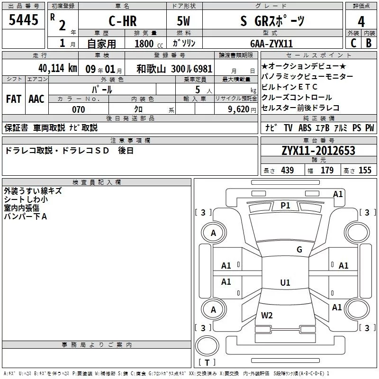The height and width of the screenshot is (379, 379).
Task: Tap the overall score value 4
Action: click(361, 21)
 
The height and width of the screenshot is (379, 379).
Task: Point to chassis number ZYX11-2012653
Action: click(318, 151)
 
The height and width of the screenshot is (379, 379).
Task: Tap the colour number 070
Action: click(78, 109)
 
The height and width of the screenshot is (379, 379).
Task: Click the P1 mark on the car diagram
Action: click(285, 205)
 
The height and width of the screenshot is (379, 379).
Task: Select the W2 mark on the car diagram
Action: click(267, 315)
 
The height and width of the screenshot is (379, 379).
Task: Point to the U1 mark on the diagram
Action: click(285, 282)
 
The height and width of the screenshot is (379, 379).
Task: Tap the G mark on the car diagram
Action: click(299, 250)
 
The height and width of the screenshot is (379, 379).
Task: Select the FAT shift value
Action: click(14, 99)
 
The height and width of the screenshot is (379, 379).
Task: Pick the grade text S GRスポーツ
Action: click(272, 21)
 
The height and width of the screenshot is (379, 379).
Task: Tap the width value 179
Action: click(327, 170)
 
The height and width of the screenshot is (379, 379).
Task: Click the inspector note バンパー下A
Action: click(26, 216)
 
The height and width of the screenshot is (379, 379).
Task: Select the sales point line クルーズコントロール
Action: click(297, 98)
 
